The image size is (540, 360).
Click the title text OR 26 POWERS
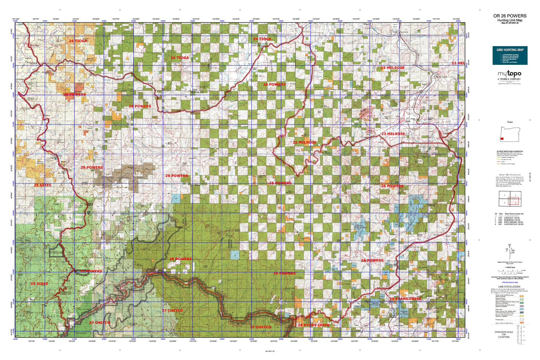(510, 16)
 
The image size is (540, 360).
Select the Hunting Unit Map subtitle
(510, 20)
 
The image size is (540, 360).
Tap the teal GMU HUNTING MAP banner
(510, 55)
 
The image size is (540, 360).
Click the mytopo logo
(509, 74)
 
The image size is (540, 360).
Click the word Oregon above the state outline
(510, 122)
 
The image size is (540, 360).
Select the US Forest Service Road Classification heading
(510, 152)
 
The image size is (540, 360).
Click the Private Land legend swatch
(522, 319)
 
